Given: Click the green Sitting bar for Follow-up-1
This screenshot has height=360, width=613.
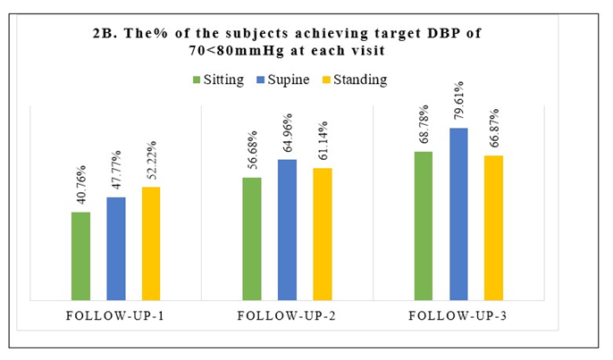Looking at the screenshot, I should [80, 255].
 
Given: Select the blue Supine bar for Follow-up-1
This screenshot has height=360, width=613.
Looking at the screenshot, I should [116, 248].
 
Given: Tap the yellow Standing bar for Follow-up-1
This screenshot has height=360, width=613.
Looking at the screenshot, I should [151, 243].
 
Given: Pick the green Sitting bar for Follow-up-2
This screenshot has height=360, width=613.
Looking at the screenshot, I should [252, 239].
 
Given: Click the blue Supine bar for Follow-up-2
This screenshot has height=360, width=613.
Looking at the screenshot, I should [287, 230].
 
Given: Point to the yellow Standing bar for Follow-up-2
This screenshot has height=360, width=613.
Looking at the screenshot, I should [322, 234].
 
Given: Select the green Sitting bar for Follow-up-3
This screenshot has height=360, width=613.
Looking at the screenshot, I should [424, 225].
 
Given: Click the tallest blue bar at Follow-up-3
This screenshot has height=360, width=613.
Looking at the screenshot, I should [458, 213].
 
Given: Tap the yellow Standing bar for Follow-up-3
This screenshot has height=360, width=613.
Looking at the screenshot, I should [493, 228].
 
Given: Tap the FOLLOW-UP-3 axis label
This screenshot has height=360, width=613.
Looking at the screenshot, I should [458, 317].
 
